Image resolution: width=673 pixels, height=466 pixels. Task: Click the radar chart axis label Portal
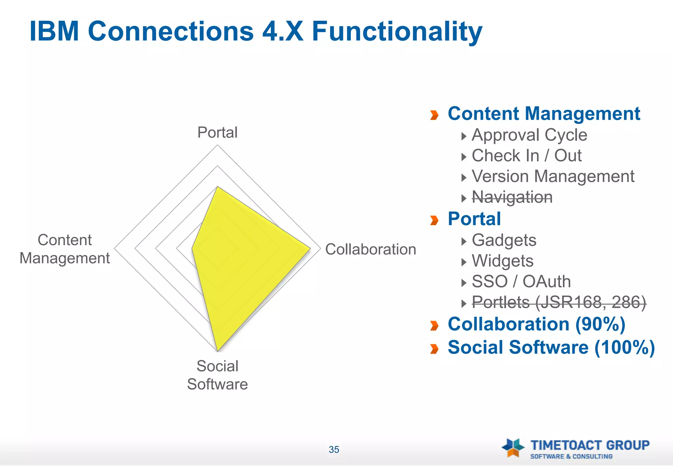click(x=217, y=132)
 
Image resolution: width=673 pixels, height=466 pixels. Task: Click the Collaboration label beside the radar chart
click(x=370, y=249)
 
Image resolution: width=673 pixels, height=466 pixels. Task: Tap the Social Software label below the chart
click(x=217, y=375)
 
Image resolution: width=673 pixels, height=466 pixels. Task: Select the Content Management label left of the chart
click(x=65, y=249)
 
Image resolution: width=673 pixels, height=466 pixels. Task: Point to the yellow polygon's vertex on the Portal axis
click(x=217, y=187)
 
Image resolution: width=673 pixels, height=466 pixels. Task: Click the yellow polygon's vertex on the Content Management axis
click(x=192, y=249)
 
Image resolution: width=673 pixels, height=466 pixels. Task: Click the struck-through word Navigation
click(x=512, y=197)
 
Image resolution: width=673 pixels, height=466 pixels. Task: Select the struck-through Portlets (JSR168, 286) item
click(x=559, y=302)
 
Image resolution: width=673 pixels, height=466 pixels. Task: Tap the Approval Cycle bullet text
click(x=529, y=135)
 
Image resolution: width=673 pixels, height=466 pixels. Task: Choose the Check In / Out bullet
click(x=526, y=156)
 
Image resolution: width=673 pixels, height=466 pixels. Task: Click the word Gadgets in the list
click(x=504, y=240)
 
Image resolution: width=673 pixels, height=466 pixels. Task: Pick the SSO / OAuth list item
click(x=521, y=282)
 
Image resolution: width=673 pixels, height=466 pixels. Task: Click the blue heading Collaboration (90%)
click(x=536, y=324)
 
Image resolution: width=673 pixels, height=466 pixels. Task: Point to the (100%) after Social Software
click(x=625, y=347)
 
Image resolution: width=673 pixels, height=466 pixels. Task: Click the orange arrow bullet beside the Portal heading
click(x=434, y=220)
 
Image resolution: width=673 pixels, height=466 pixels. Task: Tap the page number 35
click(x=334, y=450)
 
